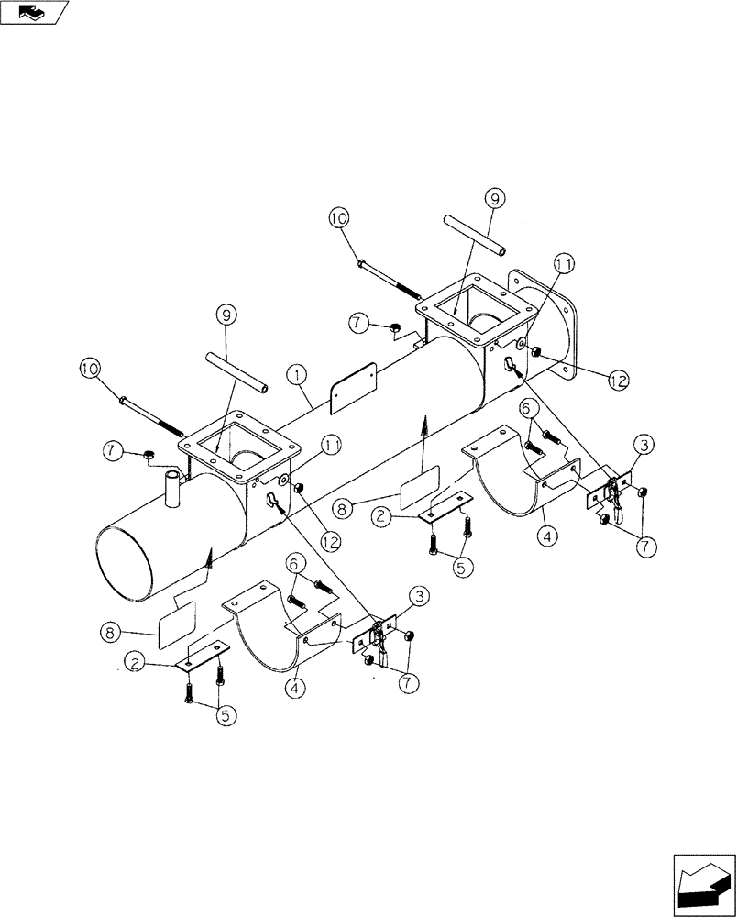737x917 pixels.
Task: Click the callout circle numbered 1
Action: [296, 374]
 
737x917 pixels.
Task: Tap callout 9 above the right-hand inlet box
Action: [493, 197]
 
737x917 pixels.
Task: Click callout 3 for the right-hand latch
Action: [645, 447]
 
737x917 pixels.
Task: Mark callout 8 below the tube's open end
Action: [111, 632]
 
